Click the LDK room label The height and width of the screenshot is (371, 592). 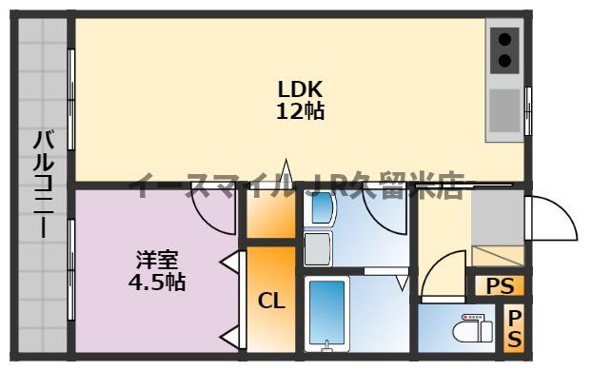point(300,89)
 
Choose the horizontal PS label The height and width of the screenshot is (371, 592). point(499,284)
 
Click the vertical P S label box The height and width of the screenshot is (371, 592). point(514,328)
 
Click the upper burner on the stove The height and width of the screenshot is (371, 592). point(504,41)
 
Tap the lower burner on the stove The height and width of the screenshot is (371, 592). point(504,62)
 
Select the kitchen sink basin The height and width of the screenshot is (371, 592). point(505,108)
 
